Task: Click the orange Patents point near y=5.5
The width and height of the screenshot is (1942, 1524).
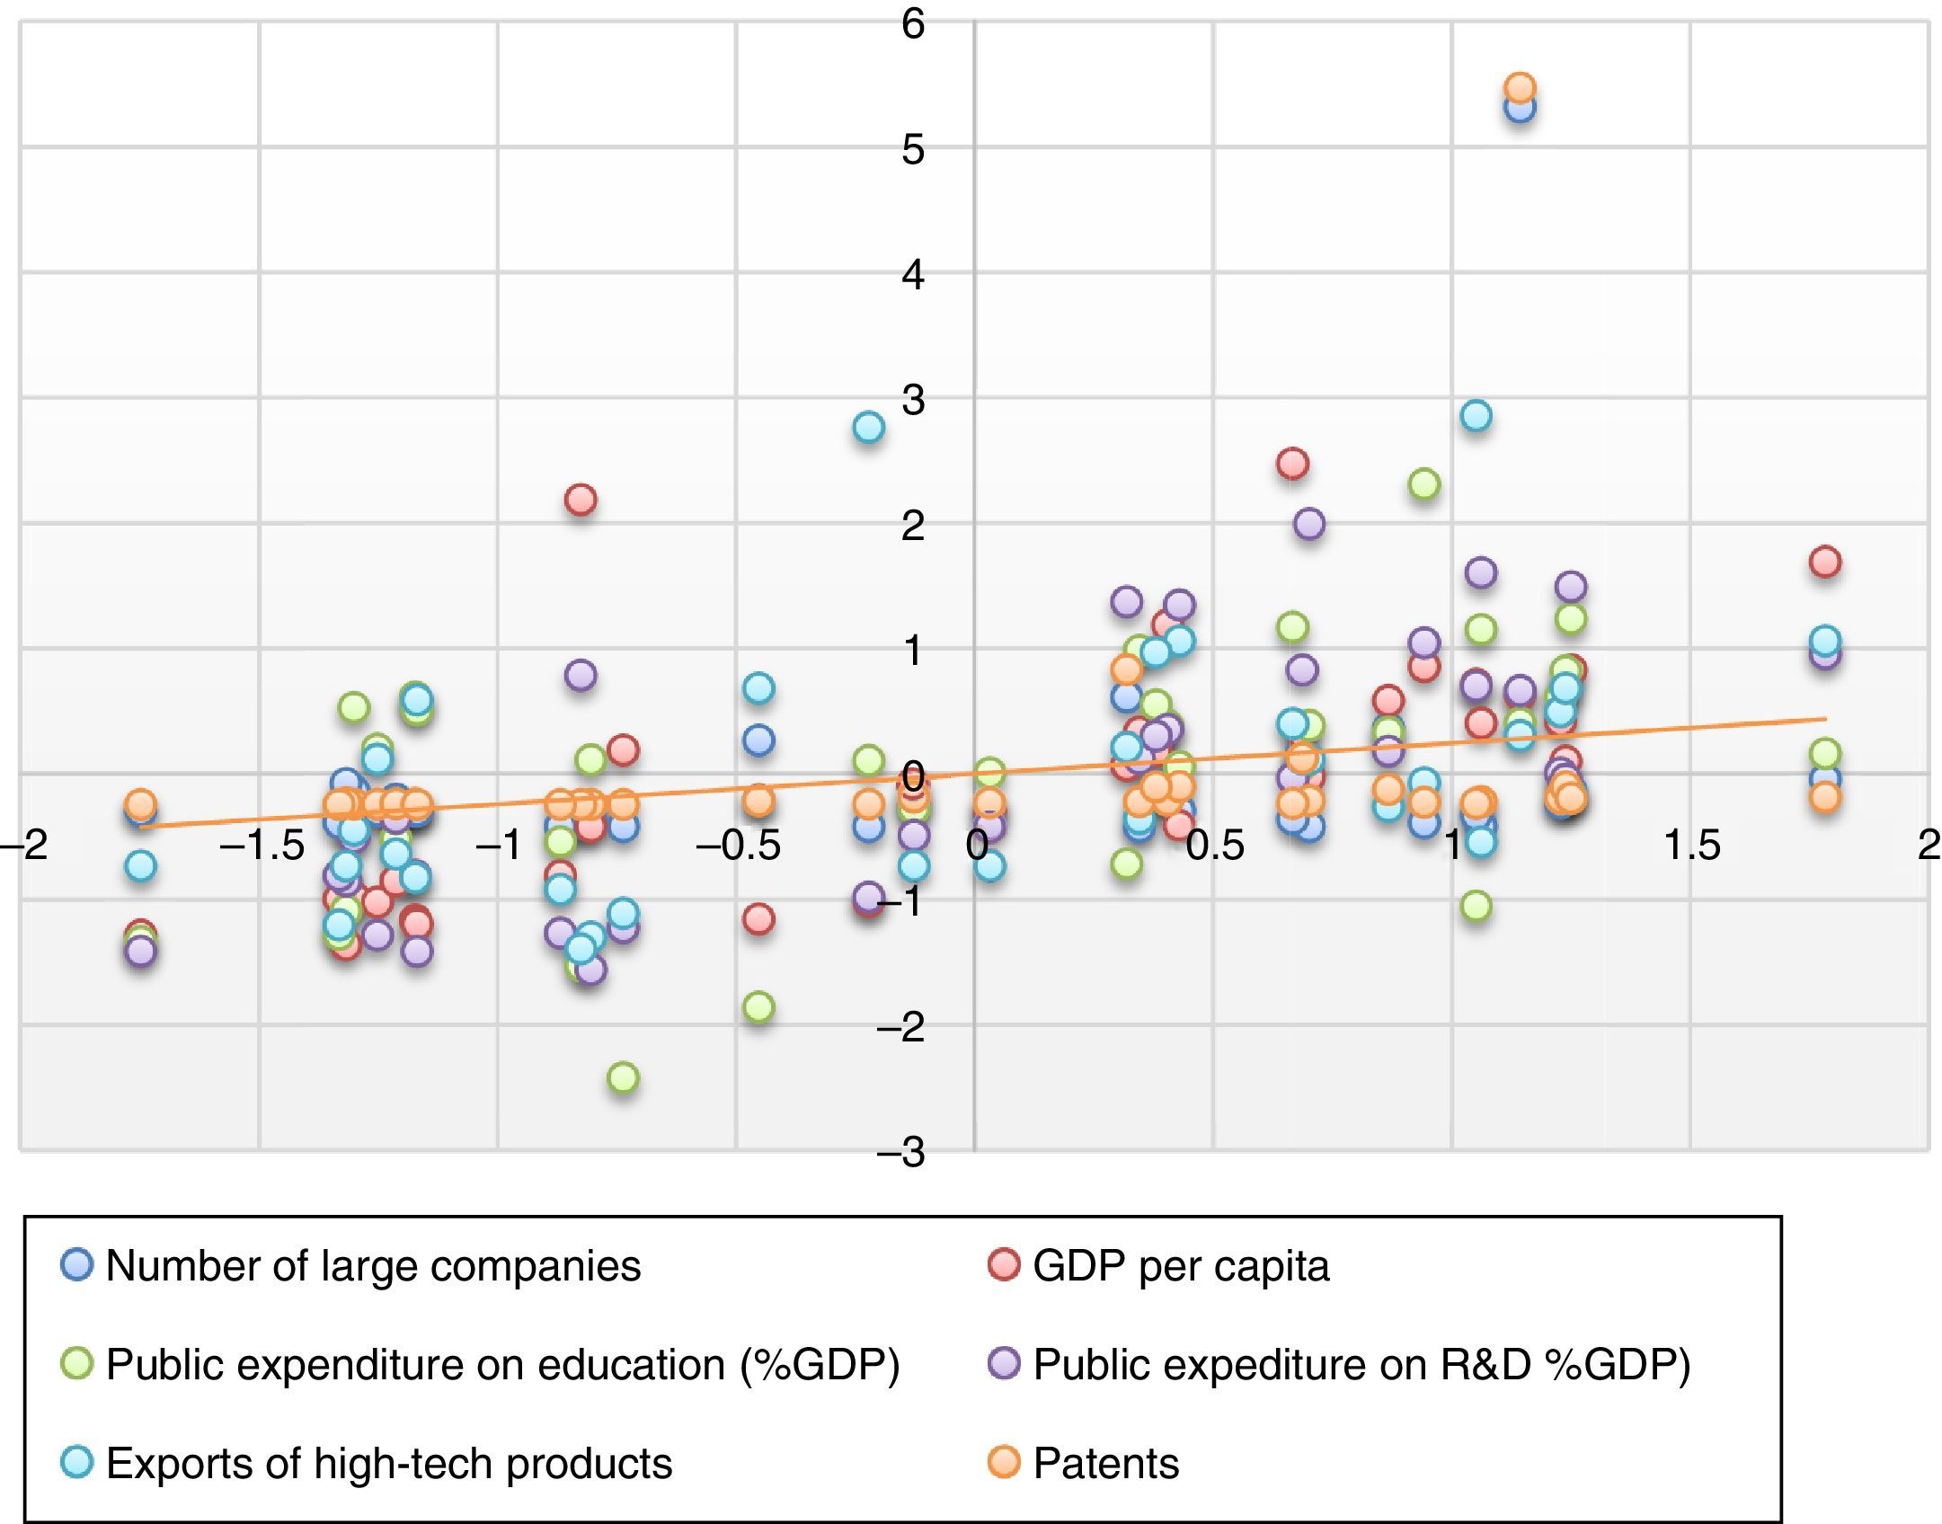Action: [x=1520, y=88]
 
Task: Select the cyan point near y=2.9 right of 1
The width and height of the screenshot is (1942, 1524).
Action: [x=1476, y=416]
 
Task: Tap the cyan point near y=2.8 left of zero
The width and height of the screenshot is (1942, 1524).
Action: [x=868, y=428]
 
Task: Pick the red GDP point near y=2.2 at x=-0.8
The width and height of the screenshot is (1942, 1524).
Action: [x=581, y=500]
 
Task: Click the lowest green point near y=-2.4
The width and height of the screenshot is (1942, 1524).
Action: [x=624, y=1077]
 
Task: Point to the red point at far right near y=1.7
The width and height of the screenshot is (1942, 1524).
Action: [x=1825, y=563]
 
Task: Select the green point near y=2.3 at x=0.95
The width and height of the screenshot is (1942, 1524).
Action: [x=1424, y=484]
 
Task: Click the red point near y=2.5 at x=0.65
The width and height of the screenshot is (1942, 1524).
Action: [x=1292, y=464]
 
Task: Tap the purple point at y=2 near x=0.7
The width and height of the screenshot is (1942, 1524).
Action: [x=1309, y=524]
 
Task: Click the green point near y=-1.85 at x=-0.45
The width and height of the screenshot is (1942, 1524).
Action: [x=758, y=1006]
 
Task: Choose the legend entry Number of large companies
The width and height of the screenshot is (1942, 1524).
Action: [x=373, y=1266]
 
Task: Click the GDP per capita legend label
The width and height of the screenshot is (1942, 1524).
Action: [x=1181, y=1266]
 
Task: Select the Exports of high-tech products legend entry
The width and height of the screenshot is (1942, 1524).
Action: [x=388, y=1464]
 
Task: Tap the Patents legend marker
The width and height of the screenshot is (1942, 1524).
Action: [x=1004, y=1463]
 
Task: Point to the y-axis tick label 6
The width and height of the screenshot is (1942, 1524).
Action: [x=913, y=24]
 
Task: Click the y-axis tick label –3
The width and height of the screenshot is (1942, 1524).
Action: [x=901, y=1153]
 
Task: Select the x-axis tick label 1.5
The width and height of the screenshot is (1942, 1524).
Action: [x=1692, y=846]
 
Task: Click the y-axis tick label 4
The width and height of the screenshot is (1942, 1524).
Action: [x=913, y=275]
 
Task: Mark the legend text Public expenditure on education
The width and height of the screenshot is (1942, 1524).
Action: [x=502, y=1365]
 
